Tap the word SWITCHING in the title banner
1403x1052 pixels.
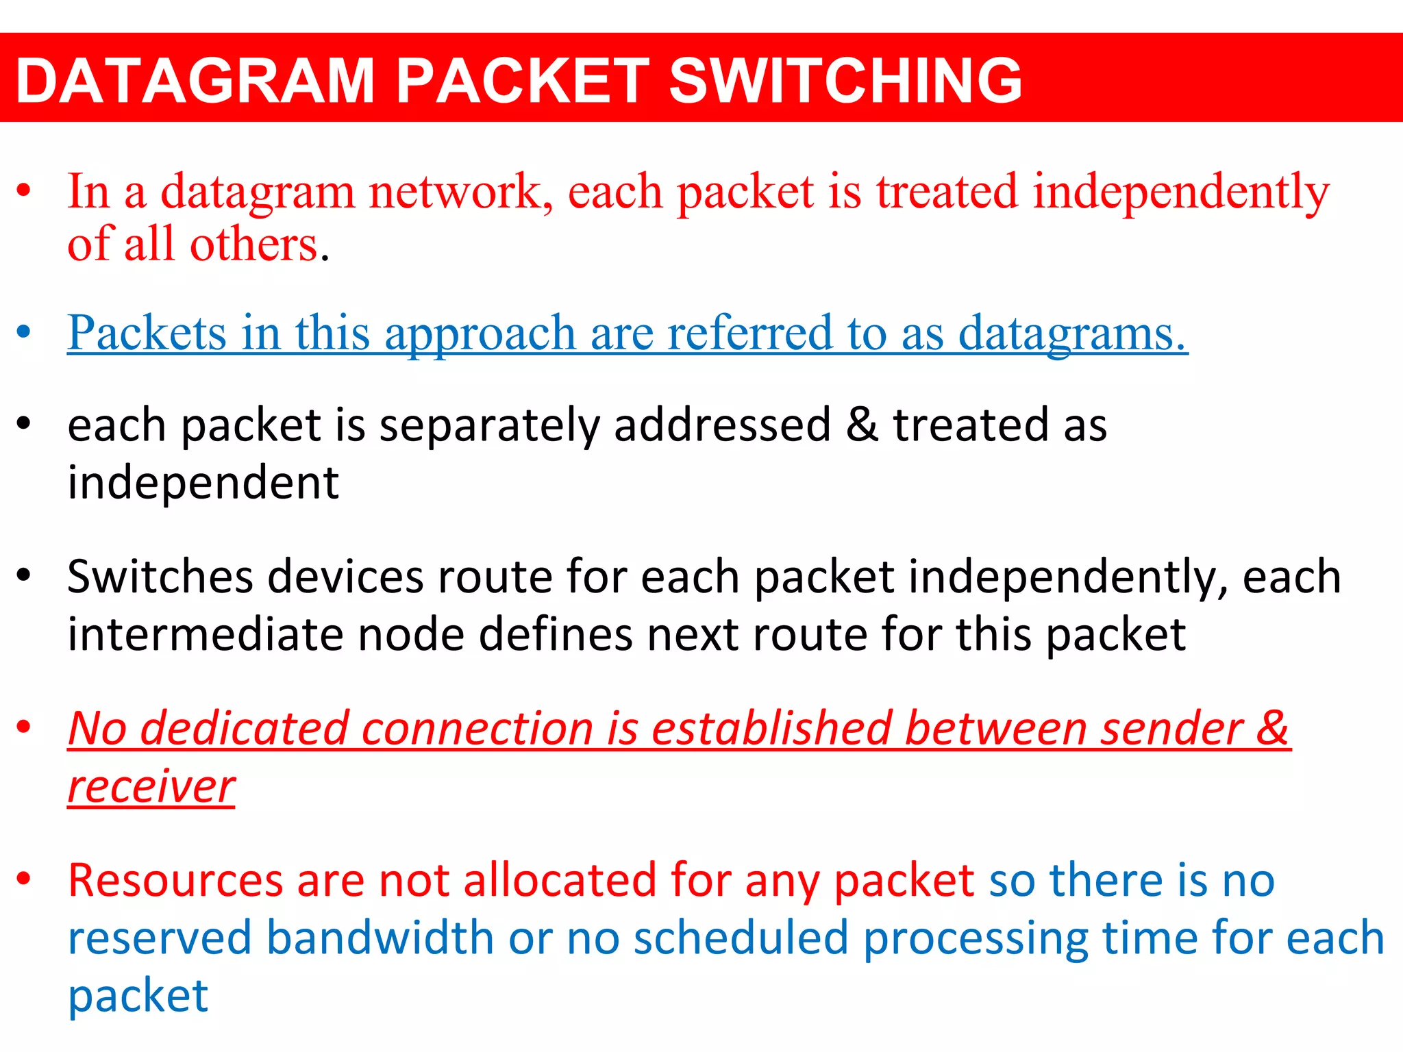point(845,81)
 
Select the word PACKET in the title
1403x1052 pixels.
point(522,81)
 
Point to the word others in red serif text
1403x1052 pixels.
point(253,245)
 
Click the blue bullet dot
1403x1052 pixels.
point(24,332)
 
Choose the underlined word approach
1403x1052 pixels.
point(480,334)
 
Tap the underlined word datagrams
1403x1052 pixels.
point(1071,334)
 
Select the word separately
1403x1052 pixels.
point(489,426)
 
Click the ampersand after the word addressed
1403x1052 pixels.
point(861,425)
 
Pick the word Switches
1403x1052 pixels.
point(160,577)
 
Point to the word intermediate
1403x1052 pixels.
point(205,634)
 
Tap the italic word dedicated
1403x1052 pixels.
point(243,728)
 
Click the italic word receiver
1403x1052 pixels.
point(151,787)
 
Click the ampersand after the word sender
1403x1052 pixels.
point(1272,728)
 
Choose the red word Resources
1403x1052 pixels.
point(175,880)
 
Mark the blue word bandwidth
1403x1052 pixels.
point(380,938)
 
